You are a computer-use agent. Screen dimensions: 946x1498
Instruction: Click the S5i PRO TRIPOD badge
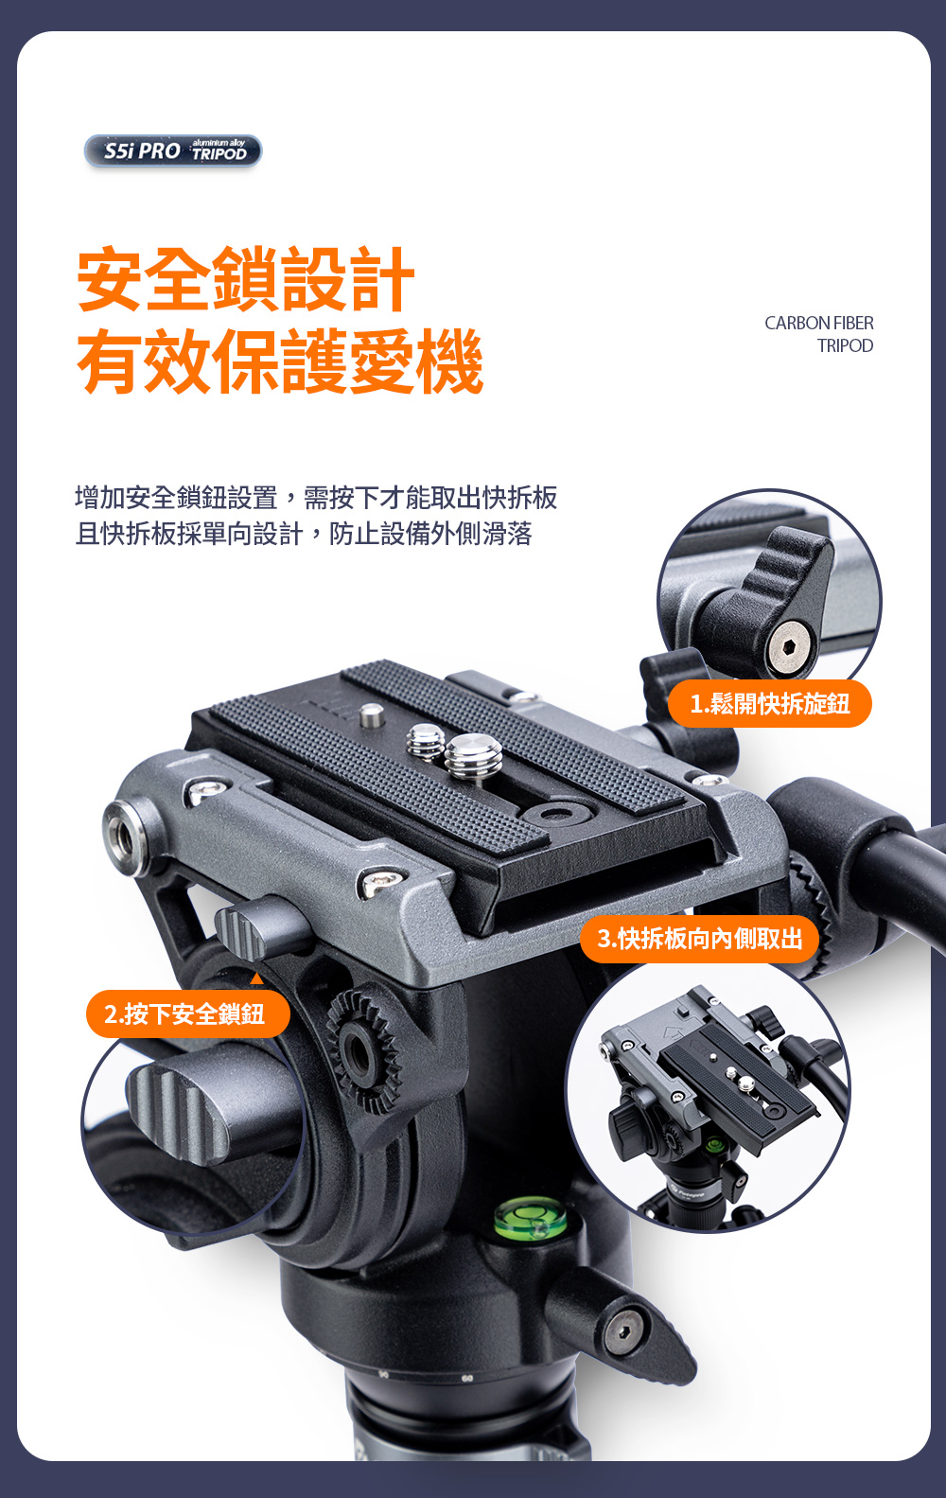point(173,151)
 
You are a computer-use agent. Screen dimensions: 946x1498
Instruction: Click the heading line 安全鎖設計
point(246,279)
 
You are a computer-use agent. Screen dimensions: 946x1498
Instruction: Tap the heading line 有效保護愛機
point(280,361)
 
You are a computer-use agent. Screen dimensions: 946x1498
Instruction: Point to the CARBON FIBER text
point(819,323)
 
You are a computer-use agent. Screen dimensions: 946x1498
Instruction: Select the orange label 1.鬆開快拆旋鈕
point(769,703)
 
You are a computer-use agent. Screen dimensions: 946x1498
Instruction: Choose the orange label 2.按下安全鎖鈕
point(188,1013)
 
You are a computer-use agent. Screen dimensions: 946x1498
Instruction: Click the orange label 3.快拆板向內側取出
point(699,939)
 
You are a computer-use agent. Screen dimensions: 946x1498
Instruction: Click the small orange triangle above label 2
point(256,978)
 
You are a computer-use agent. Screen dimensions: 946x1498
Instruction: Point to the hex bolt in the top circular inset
point(789,646)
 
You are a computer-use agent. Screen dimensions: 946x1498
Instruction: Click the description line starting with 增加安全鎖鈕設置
point(316,498)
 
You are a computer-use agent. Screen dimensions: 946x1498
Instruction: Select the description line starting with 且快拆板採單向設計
point(304,534)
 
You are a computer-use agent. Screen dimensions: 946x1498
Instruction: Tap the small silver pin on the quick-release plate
point(372,714)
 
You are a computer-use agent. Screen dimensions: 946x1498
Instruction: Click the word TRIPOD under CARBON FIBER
point(845,345)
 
